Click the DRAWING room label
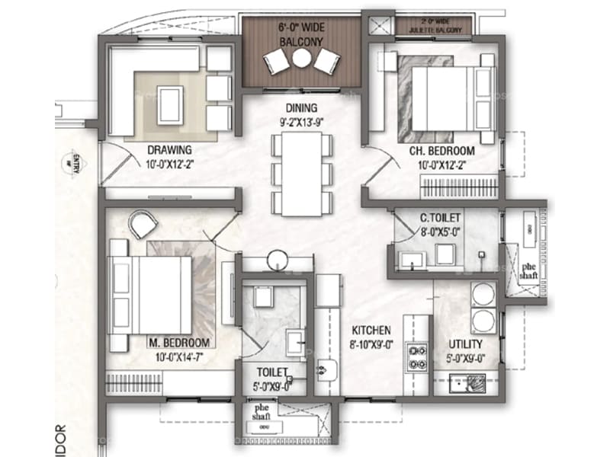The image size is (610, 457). (169, 149)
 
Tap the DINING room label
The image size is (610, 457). (302, 108)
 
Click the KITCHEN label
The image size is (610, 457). (371, 331)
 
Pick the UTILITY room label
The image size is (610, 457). (464, 343)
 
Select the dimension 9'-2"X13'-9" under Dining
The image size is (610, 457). (302, 120)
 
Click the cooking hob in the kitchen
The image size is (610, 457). (418, 357)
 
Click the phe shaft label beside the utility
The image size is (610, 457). (526, 274)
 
